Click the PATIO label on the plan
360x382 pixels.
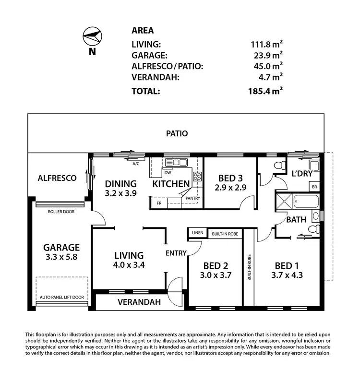coord(177,134)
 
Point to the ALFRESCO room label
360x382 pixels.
coord(57,178)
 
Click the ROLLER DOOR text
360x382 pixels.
coord(61,211)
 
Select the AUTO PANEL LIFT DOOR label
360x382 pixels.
coord(61,298)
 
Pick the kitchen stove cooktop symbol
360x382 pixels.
coord(197,177)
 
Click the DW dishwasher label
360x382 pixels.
coord(168,173)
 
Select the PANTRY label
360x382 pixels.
coord(194,198)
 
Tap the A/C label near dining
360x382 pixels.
coord(136,164)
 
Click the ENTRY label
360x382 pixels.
coord(176,253)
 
